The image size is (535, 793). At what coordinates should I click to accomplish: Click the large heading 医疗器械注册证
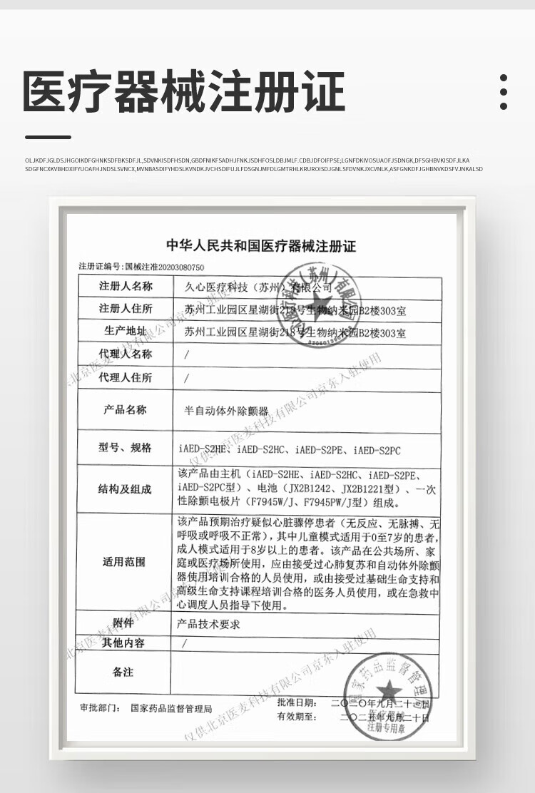point(184,92)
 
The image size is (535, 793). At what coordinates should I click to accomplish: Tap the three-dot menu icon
point(504,91)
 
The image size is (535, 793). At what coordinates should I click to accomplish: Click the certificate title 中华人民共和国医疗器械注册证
point(261,247)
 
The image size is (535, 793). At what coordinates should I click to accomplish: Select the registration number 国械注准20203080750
point(165,267)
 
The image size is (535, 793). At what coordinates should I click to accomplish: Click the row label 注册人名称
point(126,287)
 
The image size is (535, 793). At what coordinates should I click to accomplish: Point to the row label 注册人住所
point(126,309)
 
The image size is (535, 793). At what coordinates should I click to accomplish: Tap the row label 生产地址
point(126,332)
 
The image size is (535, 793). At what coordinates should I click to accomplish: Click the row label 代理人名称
point(126,354)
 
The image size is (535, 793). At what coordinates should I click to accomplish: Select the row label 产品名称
point(126,410)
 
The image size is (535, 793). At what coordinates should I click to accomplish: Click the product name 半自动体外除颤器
point(222,411)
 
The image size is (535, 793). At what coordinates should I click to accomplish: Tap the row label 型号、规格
point(126,448)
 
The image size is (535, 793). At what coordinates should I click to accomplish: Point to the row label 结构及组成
point(126,489)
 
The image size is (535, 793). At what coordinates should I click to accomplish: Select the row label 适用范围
point(126,562)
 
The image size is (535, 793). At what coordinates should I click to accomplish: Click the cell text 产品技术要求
point(208,623)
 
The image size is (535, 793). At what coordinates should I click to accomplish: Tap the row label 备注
point(123,672)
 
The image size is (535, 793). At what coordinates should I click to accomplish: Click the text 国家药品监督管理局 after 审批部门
point(172,710)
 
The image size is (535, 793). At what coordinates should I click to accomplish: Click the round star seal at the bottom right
point(389,690)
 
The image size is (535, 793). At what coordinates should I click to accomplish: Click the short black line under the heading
point(48,137)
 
